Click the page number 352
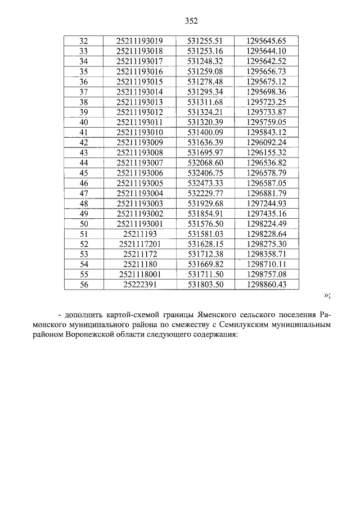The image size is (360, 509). point(192,21)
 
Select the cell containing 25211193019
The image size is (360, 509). point(139,40)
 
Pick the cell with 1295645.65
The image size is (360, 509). point(266,40)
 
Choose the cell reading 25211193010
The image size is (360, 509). point(139,132)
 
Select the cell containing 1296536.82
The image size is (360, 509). point(266,163)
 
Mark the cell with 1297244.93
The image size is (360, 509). point(266,203)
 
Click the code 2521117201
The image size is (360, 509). point(139,244)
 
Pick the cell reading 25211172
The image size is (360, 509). point(139,254)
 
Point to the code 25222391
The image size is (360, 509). point(139,285)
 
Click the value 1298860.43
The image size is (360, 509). point(266,285)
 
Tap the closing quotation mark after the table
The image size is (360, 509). point(327,296)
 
